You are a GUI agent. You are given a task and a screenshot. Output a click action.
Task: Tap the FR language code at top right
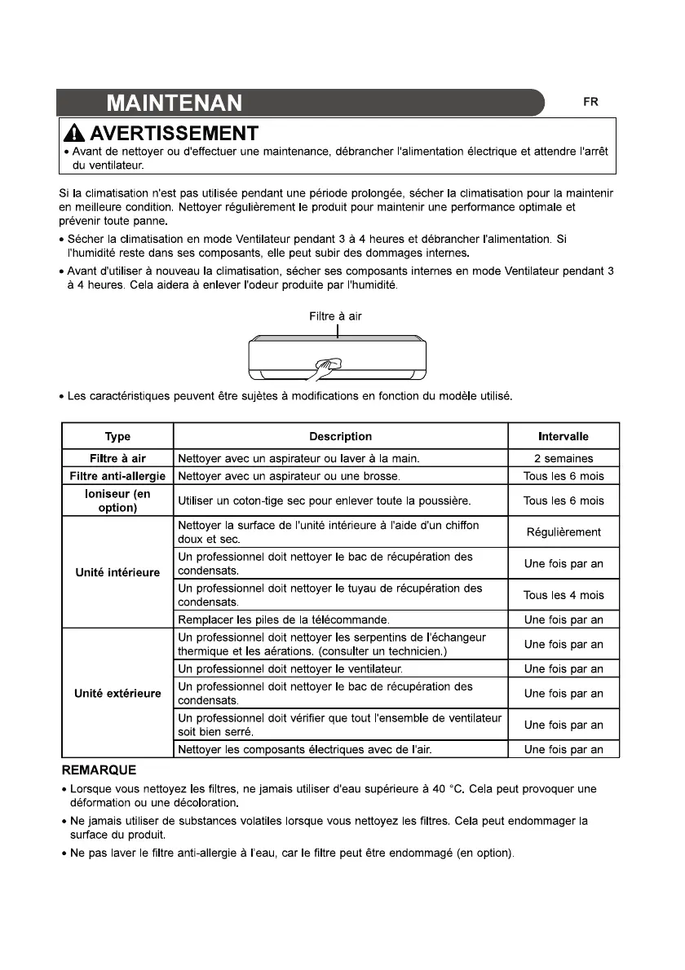(x=590, y=103)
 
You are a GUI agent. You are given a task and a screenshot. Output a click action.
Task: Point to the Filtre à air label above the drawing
(x=335, y=316)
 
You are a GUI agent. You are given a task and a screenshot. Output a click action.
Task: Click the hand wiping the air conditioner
(x=325, y=366)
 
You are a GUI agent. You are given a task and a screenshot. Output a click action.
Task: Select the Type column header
(x=117, y=436)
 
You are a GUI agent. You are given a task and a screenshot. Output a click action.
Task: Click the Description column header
(x=340, y=436)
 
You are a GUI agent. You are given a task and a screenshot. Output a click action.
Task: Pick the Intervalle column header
(x=563, y=436)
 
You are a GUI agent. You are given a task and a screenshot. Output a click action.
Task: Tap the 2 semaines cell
(x=563, y=459)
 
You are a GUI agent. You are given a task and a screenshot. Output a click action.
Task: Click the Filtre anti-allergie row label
(x=117, y=476)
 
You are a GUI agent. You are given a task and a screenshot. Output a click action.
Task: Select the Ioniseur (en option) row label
(x=117, y=500)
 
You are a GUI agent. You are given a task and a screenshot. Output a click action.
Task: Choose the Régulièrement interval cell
(x=563, y=532)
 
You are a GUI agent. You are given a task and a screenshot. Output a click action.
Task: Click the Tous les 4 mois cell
(x=563, y=595)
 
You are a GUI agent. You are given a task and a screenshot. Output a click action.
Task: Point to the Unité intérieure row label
(x=117, y=571)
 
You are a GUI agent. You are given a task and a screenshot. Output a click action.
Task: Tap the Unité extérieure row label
(x=117, y=694)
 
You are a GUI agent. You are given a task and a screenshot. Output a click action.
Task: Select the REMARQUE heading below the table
(x=99, y=769)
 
